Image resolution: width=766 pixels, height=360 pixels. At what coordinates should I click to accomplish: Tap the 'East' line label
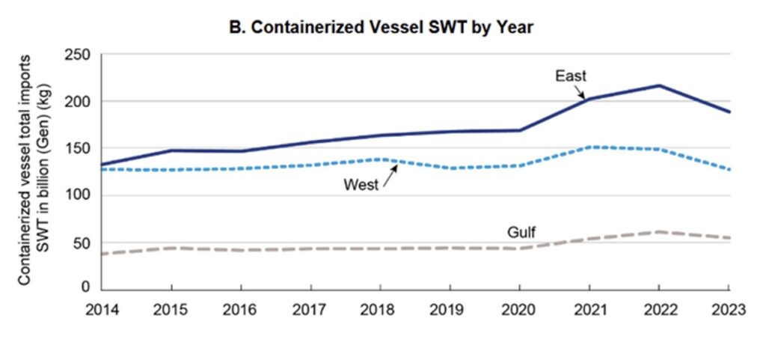(x=570, y=76)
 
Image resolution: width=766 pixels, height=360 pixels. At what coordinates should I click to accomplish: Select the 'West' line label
(x=362, y=184)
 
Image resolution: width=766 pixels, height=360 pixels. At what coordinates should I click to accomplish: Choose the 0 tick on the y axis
(x=85, y=288)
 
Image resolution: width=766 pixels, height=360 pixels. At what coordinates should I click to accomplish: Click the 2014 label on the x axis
(x=102, y=309)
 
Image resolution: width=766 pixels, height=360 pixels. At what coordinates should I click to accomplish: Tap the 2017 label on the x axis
(x=310, y=309)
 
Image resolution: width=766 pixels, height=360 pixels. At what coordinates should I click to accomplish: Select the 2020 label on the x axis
(x=520, y=309)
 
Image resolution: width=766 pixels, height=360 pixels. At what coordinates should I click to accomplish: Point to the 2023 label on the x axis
(x=729, y=309)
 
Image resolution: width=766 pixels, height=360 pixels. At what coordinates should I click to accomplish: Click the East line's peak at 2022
(x=659, y=85)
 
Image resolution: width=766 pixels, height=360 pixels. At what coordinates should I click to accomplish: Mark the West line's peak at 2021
(x=589, y=147)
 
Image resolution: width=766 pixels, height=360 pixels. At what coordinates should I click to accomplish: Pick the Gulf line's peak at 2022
(x=659, y=231)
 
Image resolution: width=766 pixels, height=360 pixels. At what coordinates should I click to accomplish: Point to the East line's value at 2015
(x=171, y=150)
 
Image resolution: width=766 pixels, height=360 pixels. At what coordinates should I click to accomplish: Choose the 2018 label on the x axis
(x=380, y=309)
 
